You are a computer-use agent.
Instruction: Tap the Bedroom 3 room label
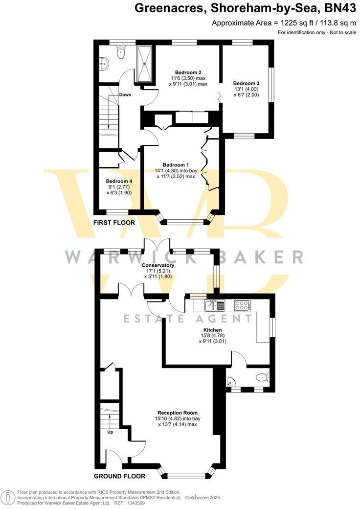point(246,83)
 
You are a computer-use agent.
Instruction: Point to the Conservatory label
point(158,265)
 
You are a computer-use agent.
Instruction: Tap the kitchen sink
point(215,305)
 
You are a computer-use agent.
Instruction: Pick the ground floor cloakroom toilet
point(263,377)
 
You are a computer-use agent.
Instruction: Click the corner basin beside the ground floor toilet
point(230,381)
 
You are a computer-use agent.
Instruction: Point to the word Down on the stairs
point(125,95)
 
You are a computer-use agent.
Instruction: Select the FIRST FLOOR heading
point(114,223)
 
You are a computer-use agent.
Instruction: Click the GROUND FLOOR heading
point(119,476)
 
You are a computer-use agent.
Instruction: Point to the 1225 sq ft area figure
point(287,23)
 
